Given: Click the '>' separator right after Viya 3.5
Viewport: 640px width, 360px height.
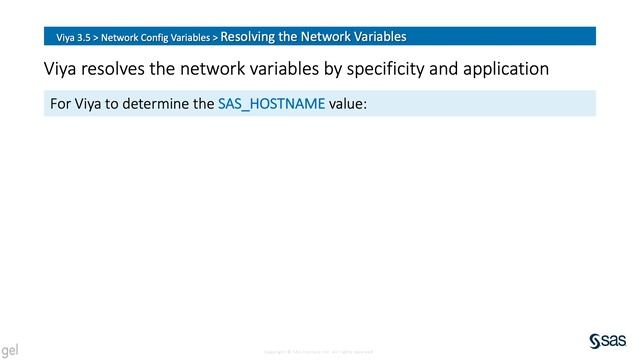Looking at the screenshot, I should pos(97,38).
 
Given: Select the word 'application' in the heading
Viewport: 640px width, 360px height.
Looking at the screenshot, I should pos(513,70).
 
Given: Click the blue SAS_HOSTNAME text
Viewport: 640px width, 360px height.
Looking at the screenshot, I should pos(271,103).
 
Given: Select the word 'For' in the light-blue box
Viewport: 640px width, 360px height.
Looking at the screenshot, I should pos(60,103).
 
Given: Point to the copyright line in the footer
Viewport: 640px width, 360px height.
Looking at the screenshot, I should pos(318,352).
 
